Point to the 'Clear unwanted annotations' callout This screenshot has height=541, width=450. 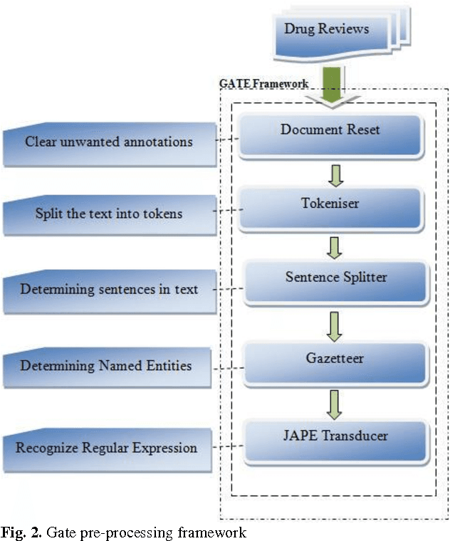tap(108, 142)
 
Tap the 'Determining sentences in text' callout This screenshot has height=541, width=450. tap(108, 290)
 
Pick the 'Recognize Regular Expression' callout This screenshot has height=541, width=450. tap(107, 449)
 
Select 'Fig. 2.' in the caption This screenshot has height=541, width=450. tap(19, 532)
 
